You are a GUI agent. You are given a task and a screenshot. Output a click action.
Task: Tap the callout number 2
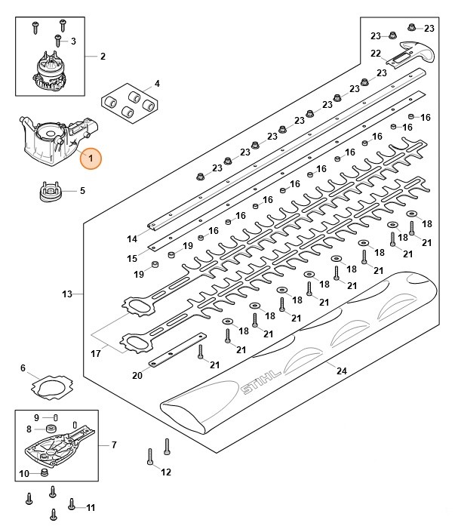[x=103, y=57]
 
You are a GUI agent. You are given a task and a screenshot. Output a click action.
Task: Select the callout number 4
[x=157, y=83]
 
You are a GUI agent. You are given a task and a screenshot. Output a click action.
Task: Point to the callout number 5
[x=81, y=191]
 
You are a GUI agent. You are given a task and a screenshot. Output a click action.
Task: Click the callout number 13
[x=67, y=293]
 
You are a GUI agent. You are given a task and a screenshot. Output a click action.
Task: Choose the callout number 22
[x=375, y=53]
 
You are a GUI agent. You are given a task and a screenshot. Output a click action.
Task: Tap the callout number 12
[x=166, y=472]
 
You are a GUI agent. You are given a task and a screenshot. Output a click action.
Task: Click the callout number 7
[x=114, y=444]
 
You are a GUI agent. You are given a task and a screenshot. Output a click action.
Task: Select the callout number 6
[x=23, y=368]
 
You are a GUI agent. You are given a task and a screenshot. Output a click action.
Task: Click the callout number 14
[x=132, y=239]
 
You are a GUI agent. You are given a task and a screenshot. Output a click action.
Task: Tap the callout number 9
[x=35, y=417]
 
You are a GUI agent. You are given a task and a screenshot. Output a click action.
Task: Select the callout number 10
[x=23, y=473]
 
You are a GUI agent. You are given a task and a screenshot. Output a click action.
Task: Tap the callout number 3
[x=73, y=40]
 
